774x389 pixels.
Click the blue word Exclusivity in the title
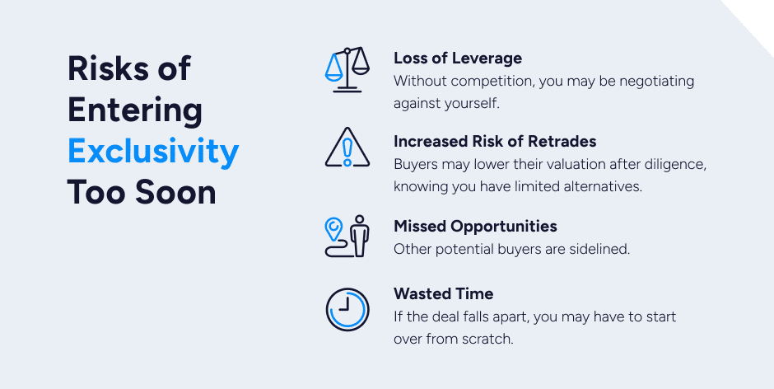[153, 152]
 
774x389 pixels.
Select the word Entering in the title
[135, 110]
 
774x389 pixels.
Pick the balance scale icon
[347, 70]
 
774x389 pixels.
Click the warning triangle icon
[347, 148]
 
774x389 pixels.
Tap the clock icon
[347, 309]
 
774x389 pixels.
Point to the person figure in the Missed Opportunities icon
[360, 236]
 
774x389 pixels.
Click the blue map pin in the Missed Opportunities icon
[333, 227]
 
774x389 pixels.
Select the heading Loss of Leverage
[458, 58]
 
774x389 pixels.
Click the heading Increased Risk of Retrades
[495, 142]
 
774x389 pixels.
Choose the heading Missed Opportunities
[475, 227]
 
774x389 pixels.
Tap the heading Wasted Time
[443, 293]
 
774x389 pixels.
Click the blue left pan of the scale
[333, 68]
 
